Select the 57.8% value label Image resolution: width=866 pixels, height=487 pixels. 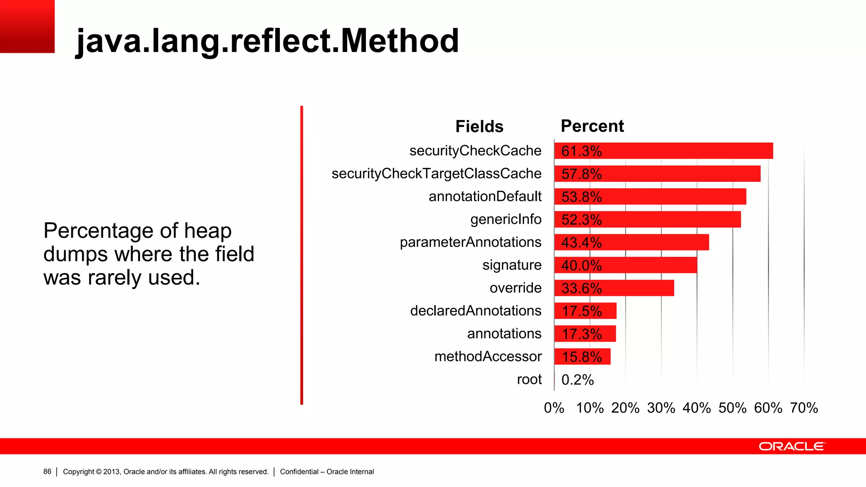pos(581,174)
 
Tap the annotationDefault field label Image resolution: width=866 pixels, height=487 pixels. pos(485,197)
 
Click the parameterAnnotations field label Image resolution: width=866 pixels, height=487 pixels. pos(471,242)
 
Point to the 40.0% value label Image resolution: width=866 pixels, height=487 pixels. pos(581,265)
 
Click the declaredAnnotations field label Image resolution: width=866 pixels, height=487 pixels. pos(476,311)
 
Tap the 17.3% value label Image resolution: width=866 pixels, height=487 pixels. pos(581,334)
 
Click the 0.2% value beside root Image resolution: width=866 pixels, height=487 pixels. pos(578,380)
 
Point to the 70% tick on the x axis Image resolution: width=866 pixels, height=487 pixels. pos(804,408)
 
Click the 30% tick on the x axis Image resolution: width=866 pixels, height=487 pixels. pos(661,408)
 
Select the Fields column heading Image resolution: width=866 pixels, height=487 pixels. pos(479,126)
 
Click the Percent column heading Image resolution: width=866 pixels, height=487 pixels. pos(592,126)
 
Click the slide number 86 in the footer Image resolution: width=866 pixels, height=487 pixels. pos(47,471)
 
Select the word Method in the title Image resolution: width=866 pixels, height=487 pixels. pos(400,41)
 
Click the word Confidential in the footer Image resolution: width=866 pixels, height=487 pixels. pos(299,472)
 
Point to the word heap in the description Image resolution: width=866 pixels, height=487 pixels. pos(208,231)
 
